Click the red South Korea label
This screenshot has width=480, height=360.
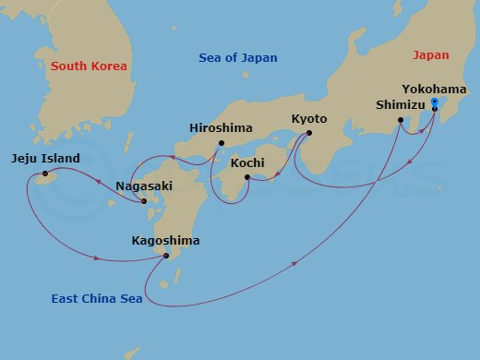point(89,66)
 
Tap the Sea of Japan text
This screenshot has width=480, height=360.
point(238,58)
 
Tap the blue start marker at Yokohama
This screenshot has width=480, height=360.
point(434,102)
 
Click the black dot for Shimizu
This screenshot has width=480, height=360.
point(400,120)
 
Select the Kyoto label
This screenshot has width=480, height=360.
point(309,119)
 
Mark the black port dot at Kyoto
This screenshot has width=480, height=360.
point(307,132)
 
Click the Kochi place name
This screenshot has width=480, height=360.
point(247,162)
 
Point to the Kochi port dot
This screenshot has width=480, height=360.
point(246,176)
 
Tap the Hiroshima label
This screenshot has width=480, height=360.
point(220,128)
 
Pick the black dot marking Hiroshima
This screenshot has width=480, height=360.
point(222,143)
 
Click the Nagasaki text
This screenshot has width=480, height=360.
point(142,186)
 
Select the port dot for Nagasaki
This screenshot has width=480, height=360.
point(144,201)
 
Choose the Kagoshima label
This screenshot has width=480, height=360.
point(166,241)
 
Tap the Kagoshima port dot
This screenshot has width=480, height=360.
point(166,256)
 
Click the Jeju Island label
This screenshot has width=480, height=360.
point(46,158)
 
